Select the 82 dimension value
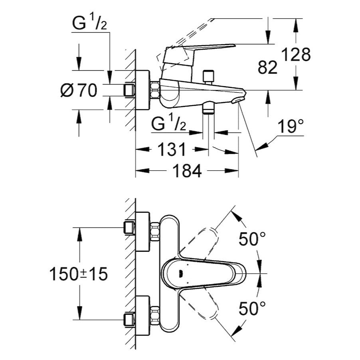click(267, 68)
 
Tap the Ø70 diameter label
click(79, 91)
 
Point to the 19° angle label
click(289, 127)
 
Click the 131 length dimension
click(172, 150)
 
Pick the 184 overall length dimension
click(187, 171)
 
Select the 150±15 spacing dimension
click(79, 274)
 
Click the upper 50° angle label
click(252, 239)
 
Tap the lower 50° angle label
click(252, 308)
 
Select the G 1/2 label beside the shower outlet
click(169, 125)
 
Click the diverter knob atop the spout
click(207, 76)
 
